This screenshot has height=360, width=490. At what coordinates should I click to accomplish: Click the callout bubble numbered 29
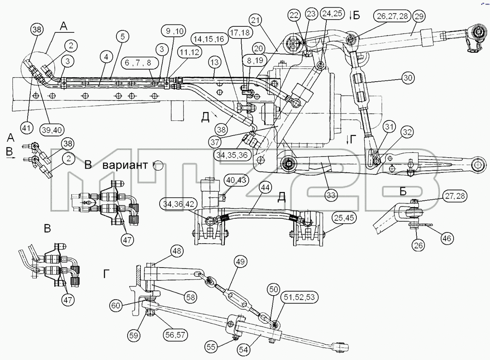pos(419,16)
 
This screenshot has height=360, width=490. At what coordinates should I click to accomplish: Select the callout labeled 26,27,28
pos(392,16)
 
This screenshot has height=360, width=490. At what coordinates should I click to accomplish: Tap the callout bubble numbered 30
pos(408,78)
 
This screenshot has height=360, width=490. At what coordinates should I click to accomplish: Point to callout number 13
pos(215,62)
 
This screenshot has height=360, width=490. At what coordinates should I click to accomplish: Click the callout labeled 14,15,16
pos(210,39)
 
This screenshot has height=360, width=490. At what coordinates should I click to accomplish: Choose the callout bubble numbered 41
pos(26,128)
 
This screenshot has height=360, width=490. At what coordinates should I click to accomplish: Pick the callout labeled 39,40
pos(52,130)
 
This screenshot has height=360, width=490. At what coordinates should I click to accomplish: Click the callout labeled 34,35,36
pos(232,155)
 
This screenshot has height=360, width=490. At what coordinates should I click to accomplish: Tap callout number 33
pos(331,195)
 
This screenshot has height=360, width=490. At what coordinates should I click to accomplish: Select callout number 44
pos(265,188)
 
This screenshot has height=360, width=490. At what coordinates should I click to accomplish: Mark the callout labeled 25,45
pos(344,218)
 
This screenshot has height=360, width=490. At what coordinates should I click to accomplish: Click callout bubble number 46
pos(447,238)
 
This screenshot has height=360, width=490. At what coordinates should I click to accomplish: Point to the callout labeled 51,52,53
pos(299,297)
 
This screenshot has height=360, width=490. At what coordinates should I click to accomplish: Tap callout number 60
pos(116,305)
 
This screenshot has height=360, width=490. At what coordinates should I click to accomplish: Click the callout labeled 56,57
pos(176,335)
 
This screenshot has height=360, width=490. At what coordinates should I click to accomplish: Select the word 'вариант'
pos(125,165)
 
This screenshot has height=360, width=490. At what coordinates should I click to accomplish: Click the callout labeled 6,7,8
pos(138,63)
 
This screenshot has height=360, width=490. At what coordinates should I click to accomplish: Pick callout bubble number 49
pos(240,262)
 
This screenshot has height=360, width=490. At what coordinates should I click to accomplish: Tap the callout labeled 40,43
pos(236,180)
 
